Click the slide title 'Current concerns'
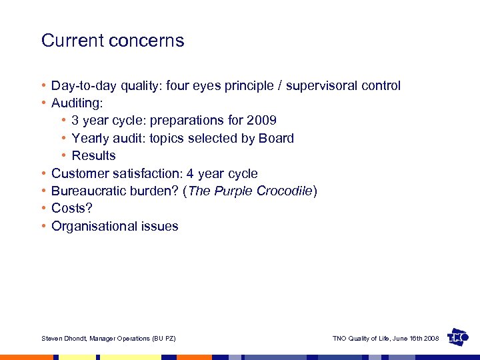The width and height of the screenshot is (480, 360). tap(113, 41)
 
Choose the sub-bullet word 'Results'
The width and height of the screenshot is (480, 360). tap(93, 155)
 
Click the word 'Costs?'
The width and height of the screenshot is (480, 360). tap(72, 209)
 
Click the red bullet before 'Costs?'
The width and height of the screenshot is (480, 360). tap(43, 209)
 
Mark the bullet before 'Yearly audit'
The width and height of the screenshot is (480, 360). tap(64, 138)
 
